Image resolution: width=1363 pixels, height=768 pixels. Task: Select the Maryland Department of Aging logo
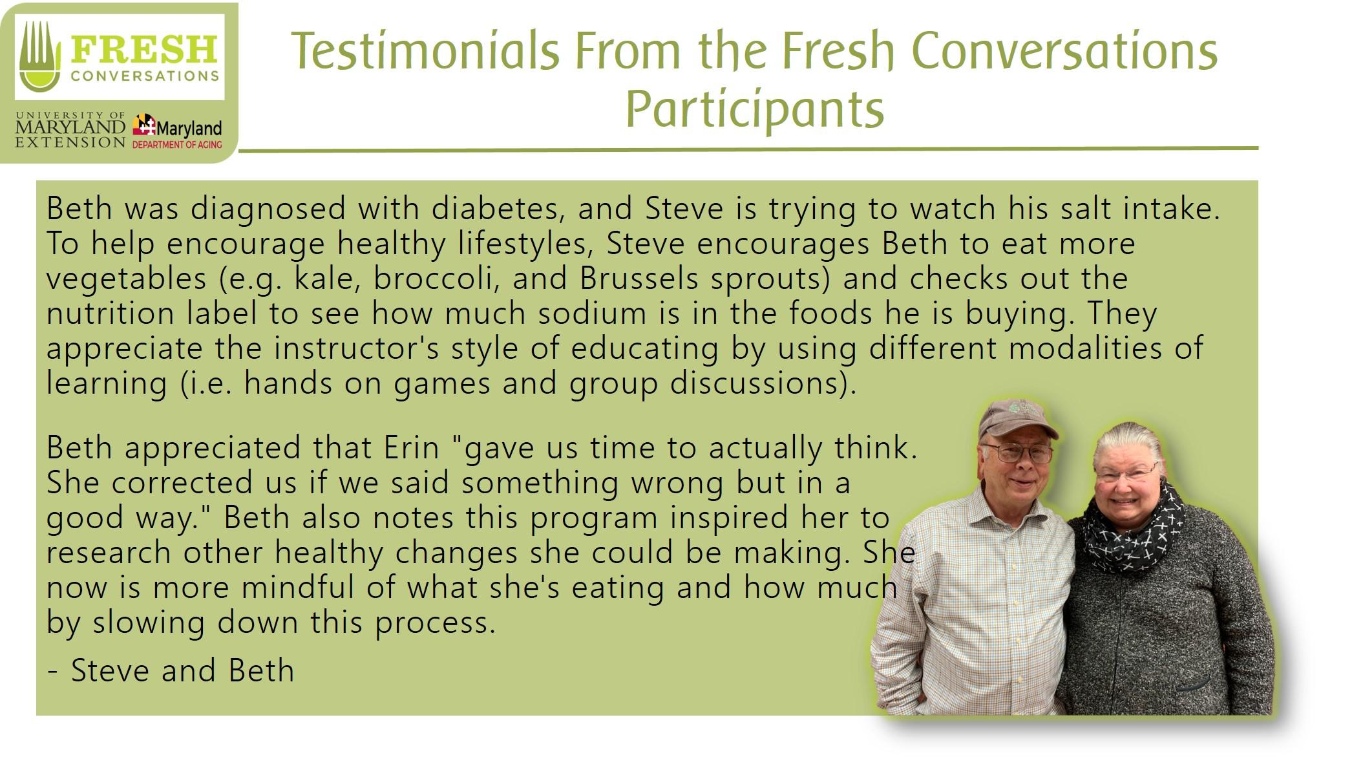point(177,132)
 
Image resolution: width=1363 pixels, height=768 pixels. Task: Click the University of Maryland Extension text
point(70,130)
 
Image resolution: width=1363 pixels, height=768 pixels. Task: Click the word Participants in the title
point(754,109)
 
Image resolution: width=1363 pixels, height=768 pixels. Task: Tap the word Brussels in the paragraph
point(639,278)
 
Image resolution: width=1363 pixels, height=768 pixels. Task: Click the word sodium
point(592,313)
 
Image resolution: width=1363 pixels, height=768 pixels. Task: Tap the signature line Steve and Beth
point(171,670)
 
